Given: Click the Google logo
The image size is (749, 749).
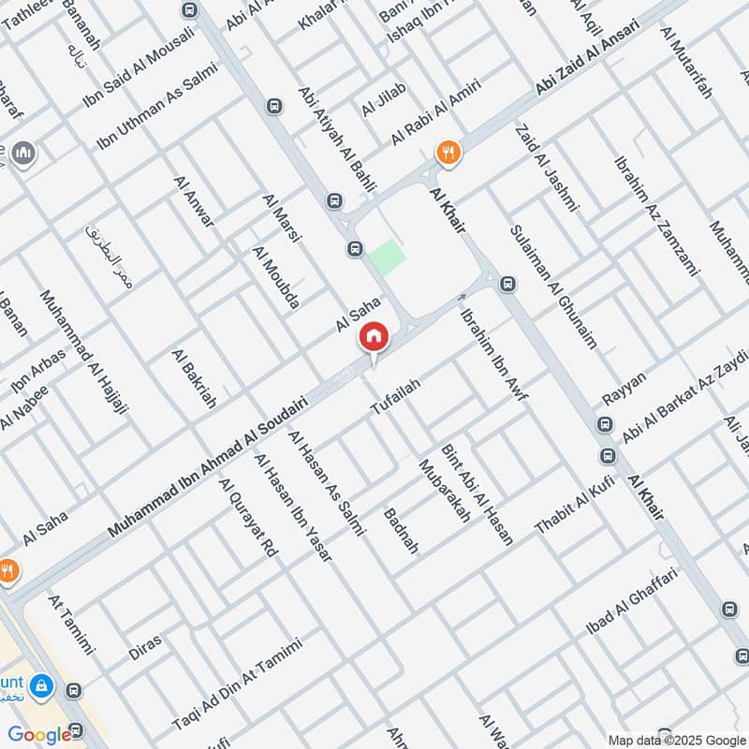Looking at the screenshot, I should pos(40,734).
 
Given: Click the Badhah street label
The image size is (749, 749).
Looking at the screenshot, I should pos(402,533).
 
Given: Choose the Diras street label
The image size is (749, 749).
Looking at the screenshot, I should pos(145,647).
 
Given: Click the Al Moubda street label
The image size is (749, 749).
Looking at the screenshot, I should pos(276,277).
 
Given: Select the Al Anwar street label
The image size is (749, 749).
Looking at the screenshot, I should pos(194,198).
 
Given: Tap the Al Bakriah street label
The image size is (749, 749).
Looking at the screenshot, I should pos(194,378).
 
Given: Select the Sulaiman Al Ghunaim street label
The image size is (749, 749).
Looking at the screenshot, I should pos(552,285).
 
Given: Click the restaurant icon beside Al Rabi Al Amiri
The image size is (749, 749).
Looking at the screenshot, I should pos(449,153).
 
